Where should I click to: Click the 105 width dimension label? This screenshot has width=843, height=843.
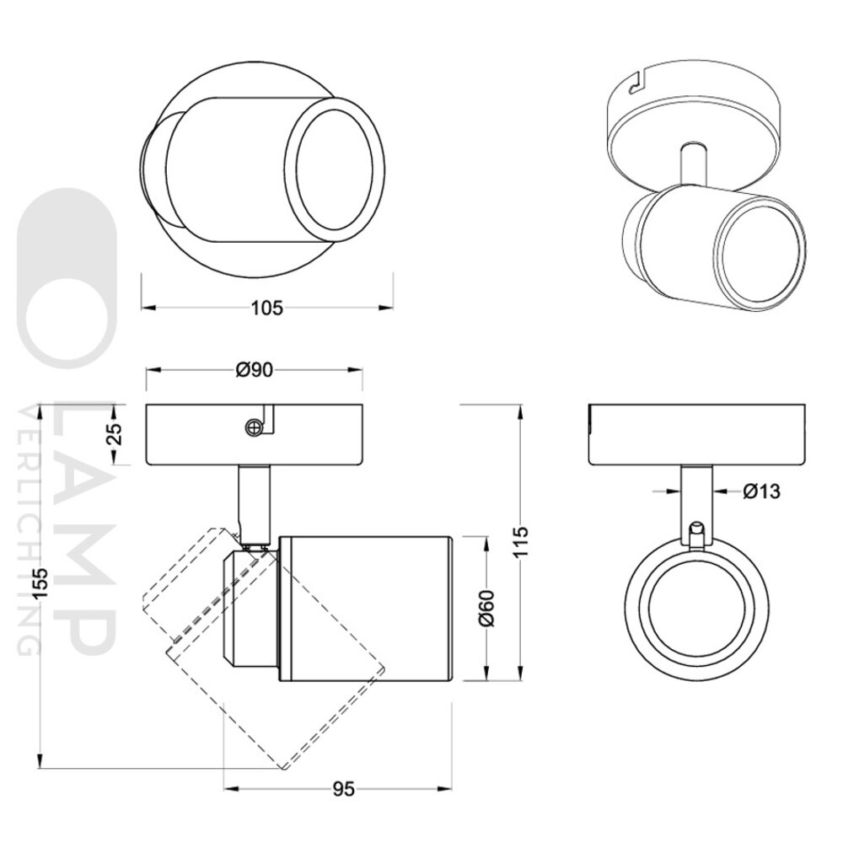266,308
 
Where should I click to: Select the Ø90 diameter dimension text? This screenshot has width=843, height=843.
255,369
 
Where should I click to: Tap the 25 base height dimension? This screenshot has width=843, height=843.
116,434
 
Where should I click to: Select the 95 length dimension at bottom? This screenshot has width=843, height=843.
341,789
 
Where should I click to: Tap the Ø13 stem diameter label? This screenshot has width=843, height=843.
760,491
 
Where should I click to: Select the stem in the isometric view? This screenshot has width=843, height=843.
691,164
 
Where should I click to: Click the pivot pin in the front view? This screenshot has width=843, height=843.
696,534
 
